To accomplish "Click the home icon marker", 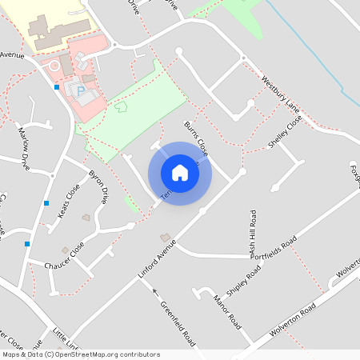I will point(180,173).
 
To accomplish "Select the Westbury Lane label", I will point(279,95).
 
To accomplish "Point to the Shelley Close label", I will point(285,131).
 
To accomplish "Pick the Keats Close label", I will point(69,202).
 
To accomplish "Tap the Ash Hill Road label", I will point(253,234).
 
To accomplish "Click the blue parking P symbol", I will point(80,90).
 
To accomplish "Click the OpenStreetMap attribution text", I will point(80,354).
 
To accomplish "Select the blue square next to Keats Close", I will point(46,203).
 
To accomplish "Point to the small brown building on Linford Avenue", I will point(166,238).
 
